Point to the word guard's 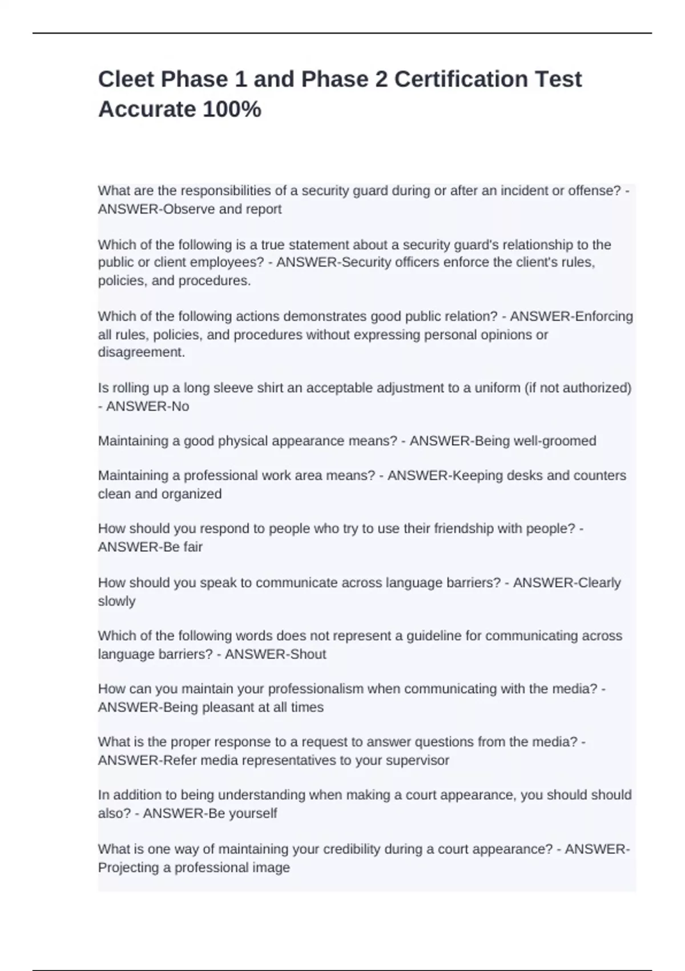(x=428, y=245)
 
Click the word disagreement (x=142, y=352)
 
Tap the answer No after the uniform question (x=180, y=407)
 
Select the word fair (x=192, y=547)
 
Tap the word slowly (x=116, y=601)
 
